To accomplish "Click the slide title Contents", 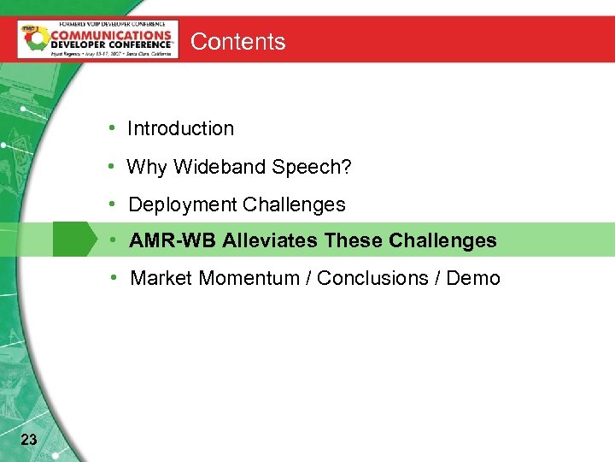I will pos(237,42).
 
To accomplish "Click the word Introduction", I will pos(180,128).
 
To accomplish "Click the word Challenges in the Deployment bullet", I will pos(294,204).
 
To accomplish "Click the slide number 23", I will pos(28,440).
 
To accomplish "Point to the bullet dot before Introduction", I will pos(113,128).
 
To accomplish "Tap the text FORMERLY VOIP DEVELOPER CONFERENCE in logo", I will pos(98,25).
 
